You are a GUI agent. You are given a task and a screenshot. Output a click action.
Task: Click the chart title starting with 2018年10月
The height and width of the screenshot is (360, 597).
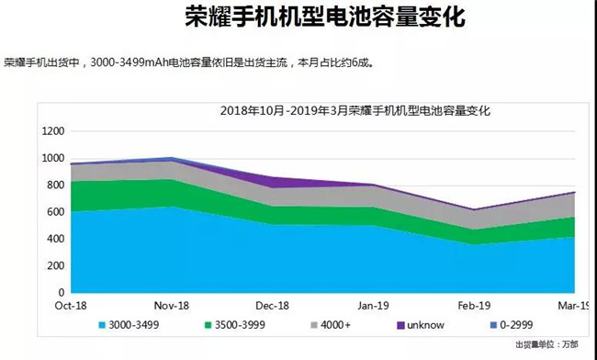355,111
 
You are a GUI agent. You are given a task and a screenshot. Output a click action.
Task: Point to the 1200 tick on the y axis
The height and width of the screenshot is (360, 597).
51,131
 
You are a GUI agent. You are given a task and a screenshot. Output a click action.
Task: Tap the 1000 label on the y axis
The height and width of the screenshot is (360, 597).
51,158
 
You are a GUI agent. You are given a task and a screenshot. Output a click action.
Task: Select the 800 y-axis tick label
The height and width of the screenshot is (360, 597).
54,185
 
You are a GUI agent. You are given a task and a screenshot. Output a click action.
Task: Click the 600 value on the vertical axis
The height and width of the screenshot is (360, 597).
54,212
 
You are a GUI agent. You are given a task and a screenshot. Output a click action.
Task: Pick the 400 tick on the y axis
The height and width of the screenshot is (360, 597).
54,239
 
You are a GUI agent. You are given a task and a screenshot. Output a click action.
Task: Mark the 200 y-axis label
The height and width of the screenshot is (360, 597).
54,265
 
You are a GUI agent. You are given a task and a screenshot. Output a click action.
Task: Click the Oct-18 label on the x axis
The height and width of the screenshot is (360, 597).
70,306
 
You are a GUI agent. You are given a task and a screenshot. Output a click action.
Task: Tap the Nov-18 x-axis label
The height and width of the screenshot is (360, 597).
172,306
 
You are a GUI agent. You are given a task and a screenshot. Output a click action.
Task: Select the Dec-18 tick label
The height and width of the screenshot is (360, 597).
273,306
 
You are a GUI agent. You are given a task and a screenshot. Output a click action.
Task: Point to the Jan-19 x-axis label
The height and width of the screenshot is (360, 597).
374,306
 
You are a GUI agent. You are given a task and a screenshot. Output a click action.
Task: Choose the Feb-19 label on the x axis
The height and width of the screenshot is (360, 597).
475,306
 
